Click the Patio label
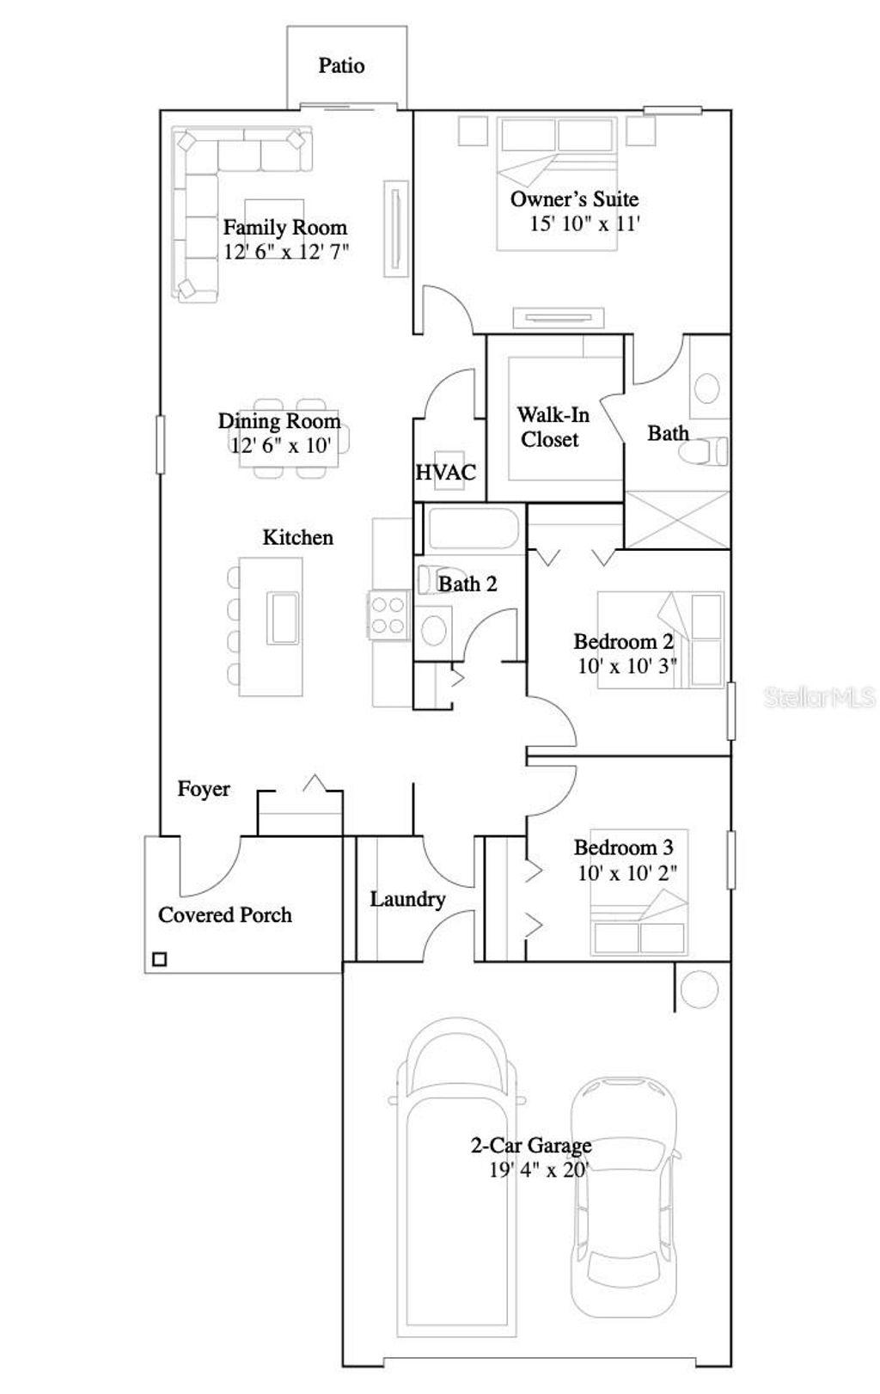pyautogui.click(x=341, y=66)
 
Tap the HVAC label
pyautogui.click(x=445, y=472)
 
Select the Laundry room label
pyautogui.click(x=407, y=899)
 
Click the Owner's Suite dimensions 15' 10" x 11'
pyautogui.click(x=584, y=223)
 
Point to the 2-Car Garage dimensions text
pyautogui.click(x=539, y=1170)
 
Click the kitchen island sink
pyautogui.click(x=283, y=616)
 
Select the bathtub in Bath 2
pyautogui.click(x=474, y=529)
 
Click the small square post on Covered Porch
pyautogui.click(x=159, y=959)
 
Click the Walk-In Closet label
pyautogui.click(x=553, y=427)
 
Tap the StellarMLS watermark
pyautogui.click(x=819, y=696)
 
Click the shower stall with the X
pyautogui.click(x=676, y=519)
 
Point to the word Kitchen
pyautogui.click(x=297, y=537)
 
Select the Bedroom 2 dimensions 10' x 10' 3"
pyautogui.click(x=626, y=665)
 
